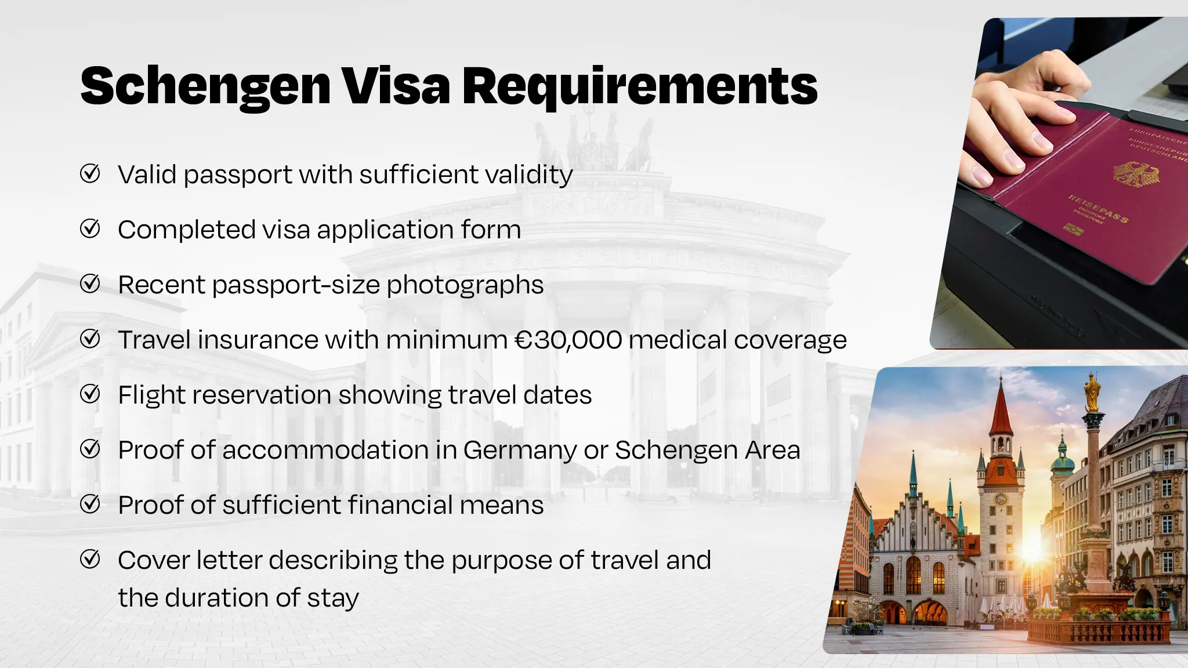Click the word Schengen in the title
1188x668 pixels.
coord(205,87)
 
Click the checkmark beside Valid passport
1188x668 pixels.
coord(90,173)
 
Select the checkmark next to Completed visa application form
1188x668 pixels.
coord(90,228)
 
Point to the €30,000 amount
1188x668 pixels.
coord(568,340)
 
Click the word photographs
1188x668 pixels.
coord(465,285)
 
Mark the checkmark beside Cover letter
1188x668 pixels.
coord(90,560)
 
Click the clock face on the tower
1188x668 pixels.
coord(1001,499)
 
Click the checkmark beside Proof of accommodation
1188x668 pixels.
coord(90,449)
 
